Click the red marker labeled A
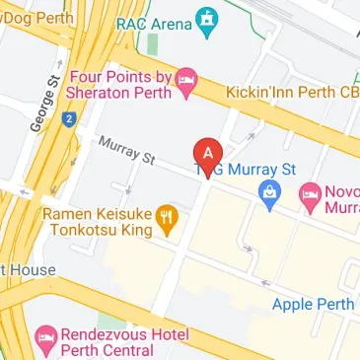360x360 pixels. click(206, 154)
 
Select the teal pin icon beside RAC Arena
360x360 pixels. click(206, 22)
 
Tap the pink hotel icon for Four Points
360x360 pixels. click(186, 77)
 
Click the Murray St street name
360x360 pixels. click(127, 151)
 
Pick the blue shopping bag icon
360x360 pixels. click(266, 193)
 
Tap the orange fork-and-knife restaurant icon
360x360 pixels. click(168, 219)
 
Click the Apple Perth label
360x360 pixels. click(314, 304)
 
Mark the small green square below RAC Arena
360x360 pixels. click(152, 45)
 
